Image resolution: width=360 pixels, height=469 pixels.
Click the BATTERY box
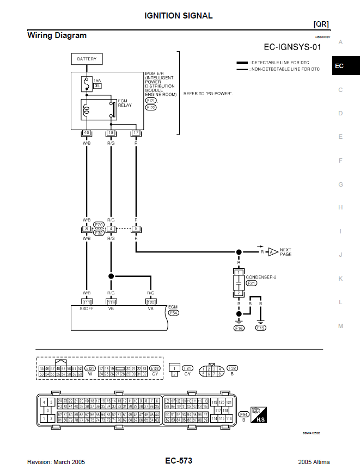click(87, 59)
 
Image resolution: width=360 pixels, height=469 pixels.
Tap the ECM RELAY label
click(125, 103)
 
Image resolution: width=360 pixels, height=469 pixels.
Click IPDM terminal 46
click(86, 132)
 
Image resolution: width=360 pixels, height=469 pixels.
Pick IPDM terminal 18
click(111, 132)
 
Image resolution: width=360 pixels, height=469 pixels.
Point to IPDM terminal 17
click(136, 132)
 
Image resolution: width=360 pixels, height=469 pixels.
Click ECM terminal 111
click(86, 302)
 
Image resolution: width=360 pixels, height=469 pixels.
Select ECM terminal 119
click(111, 302)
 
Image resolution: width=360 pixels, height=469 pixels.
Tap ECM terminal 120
click(151, 302)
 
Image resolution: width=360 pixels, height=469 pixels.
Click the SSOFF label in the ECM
click(86, 308)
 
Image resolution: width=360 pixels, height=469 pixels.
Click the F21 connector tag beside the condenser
click(252, 283)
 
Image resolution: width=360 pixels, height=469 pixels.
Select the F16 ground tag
click(239, 328)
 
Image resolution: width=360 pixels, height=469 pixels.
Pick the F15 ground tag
click(261, 328)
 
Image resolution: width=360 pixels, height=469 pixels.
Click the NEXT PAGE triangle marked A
click(272, 252)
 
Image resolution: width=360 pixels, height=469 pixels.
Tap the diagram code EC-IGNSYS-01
click(292, 47)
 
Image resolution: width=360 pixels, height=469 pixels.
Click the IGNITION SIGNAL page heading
click(179, 16)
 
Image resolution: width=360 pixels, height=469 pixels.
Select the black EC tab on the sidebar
click(339, 66)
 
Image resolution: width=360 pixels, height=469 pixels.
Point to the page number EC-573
click(179, 461)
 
